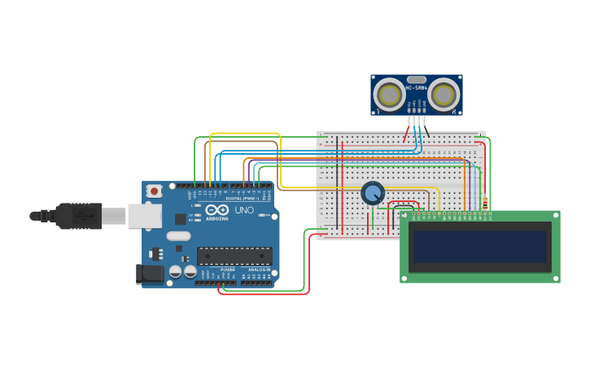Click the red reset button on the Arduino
point(154,191)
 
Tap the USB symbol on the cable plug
point(82,216)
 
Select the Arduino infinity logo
point(216,210)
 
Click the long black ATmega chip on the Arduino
point(234,256)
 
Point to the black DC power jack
point(150,274)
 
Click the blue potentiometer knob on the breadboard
point(373,193)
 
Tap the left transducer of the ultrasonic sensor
point(390,95)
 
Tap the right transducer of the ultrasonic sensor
point(443,95)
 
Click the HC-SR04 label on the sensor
point(416,88)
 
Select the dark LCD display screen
point(479,247)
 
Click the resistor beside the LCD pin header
point(486,204)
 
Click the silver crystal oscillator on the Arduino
point(178,236)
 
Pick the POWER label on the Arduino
point(228,269)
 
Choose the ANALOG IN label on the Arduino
point(259,269)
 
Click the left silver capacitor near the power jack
point(175,272)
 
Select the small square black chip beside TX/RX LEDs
point(181,218)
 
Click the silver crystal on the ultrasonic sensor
point(416,80)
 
